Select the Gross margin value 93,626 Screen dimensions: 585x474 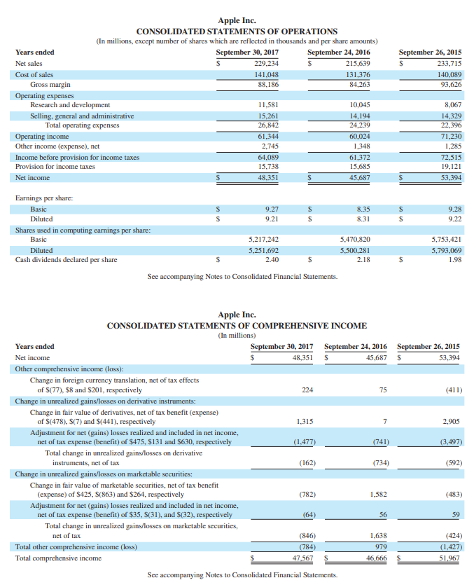(x=449, y=85)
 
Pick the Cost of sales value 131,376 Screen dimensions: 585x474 (x=358, y=74)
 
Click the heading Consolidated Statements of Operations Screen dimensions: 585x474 (x=237, y=32)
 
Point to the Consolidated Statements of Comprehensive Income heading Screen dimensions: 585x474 (x=237, y=326)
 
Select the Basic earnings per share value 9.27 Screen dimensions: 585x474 (x=272, y=209)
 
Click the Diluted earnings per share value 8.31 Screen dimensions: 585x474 (x=363, y=219)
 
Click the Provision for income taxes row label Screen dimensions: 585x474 (x=55, y=167)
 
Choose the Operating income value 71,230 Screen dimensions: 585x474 (x=449, y=136)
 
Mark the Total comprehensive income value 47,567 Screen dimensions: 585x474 (x=302, y=558)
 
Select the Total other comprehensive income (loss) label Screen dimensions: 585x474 (x=76, y=548)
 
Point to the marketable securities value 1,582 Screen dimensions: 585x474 (x=379, y=494)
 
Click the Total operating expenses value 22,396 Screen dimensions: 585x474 (x=449, y=125)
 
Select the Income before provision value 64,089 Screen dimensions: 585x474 (x=268, y=157)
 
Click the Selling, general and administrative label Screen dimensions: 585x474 (x=82, y=116)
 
